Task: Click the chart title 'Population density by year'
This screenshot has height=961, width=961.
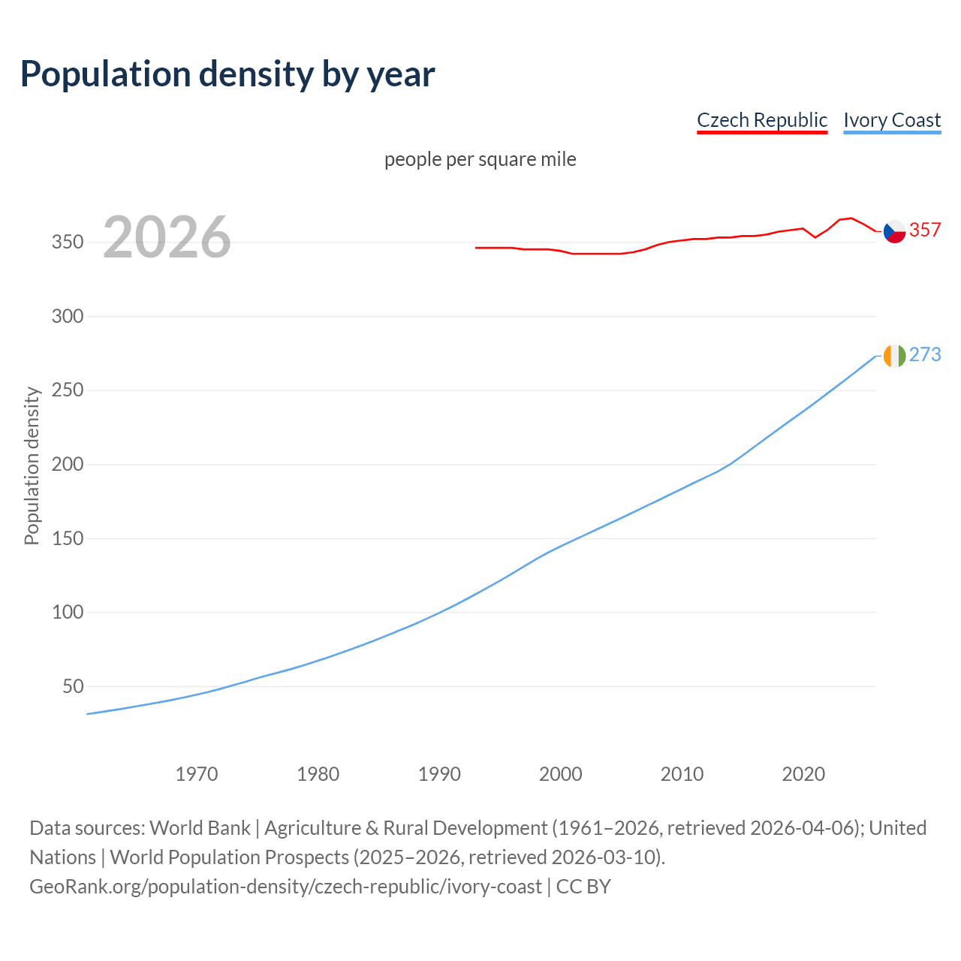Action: coord(227,74)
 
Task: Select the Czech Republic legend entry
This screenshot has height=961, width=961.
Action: coord(762,120)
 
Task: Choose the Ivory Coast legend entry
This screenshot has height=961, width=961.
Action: coord(892,120)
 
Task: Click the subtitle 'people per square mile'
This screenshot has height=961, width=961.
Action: coord(480,159)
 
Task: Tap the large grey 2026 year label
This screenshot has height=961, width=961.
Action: coord(167,237)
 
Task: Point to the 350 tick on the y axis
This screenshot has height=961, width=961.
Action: coord(68,243)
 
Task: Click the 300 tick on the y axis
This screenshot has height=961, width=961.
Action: coord(68,316)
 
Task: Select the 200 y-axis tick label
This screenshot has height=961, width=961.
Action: coord(68,464)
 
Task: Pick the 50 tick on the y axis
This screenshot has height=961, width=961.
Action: coord(73,686)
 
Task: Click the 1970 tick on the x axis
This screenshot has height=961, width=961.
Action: coord(197,773)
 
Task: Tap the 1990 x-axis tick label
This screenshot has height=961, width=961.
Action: coord(439,773)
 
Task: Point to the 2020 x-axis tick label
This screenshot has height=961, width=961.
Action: coord(803,773)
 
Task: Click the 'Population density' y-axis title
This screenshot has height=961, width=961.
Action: coord(32,465)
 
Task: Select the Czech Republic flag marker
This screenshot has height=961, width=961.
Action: coord(894,231)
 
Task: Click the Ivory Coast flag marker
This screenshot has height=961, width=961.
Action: coord(894,356)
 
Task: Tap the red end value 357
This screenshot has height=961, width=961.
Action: coord(925,230)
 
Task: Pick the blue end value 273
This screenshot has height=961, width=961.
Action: coord(925,354)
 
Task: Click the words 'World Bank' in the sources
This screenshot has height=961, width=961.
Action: coord(200,828)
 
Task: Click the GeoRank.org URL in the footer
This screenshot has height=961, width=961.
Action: coord(285,887)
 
